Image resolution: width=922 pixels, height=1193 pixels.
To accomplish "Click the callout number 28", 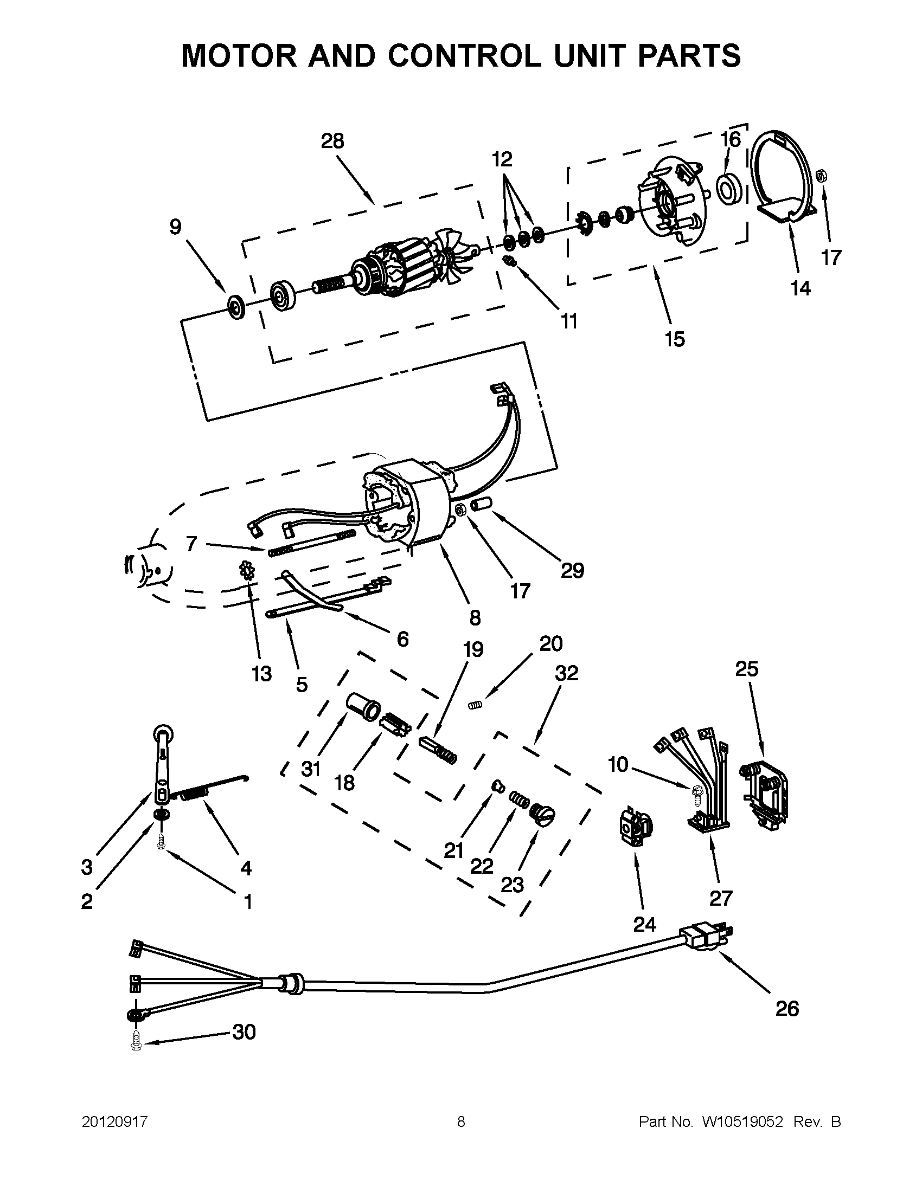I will [x=332, y=141].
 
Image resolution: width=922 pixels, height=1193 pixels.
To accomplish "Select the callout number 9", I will [x=175, y=227].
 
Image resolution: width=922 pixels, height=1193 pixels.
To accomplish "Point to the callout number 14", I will [x=801, y=288].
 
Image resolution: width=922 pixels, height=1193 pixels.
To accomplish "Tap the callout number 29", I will [x=572, y=570].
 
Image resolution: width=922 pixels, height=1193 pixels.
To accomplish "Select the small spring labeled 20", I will [x=477, y=706].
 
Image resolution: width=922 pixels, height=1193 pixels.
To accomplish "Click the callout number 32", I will [x=566, y=673].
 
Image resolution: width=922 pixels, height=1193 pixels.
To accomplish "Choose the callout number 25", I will [x=747, y=669].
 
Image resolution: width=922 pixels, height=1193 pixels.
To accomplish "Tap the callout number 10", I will [x=618, y=765].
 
